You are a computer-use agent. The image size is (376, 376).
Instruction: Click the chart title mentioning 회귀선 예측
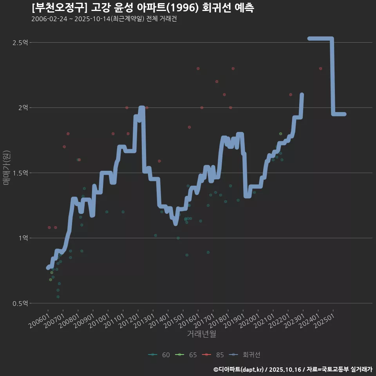click(x=143, y=8)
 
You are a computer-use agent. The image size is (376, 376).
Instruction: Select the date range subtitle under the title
click(x=104, y=19)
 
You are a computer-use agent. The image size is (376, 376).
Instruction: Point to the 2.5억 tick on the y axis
click(x=20, y=42)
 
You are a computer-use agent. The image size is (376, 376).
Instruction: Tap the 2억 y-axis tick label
click(x=23, y=107)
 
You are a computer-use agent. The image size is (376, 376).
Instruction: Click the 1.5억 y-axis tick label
click(x=20, y=173)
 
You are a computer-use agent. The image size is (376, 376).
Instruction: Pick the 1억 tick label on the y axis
click(x=23, y=238)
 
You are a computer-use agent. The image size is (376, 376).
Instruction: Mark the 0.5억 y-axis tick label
click(x=20, y=303)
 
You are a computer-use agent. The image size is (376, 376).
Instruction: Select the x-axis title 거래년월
click(x=201, y=334)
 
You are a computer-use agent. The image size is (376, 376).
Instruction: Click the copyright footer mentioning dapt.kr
click(x=293, y=369)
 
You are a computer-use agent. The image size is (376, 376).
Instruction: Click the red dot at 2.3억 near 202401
click(x=320, y=69)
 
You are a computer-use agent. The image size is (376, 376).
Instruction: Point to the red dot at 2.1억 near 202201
click(x=290, y=94)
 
